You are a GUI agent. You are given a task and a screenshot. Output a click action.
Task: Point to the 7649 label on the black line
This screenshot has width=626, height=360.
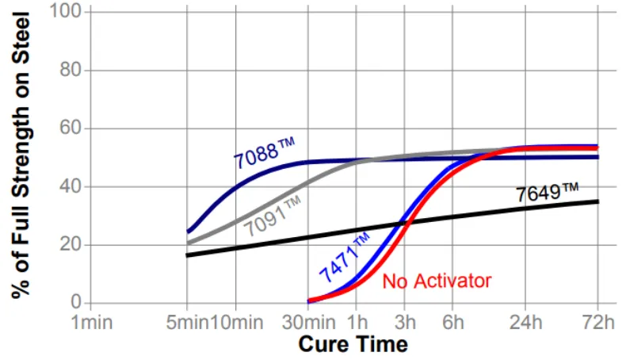(548, 191)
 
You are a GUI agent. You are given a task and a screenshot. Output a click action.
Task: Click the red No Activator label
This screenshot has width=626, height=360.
(437, 281)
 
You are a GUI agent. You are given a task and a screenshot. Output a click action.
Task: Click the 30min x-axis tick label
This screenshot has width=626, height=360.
(308, 323)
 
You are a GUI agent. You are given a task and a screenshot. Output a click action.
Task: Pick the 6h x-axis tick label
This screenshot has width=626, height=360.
(453, 323)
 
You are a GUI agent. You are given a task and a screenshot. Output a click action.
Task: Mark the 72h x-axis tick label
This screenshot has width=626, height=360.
(596, 323)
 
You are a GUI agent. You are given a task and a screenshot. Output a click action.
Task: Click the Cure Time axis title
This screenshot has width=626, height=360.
(353, 345)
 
